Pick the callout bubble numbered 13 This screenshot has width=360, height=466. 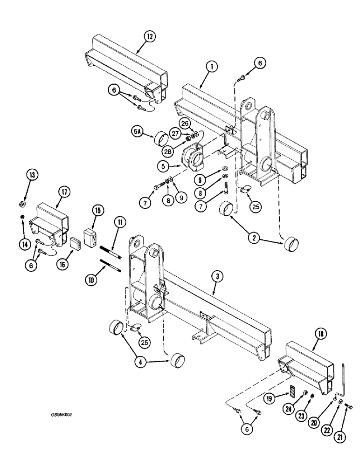[x=32, y=176]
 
